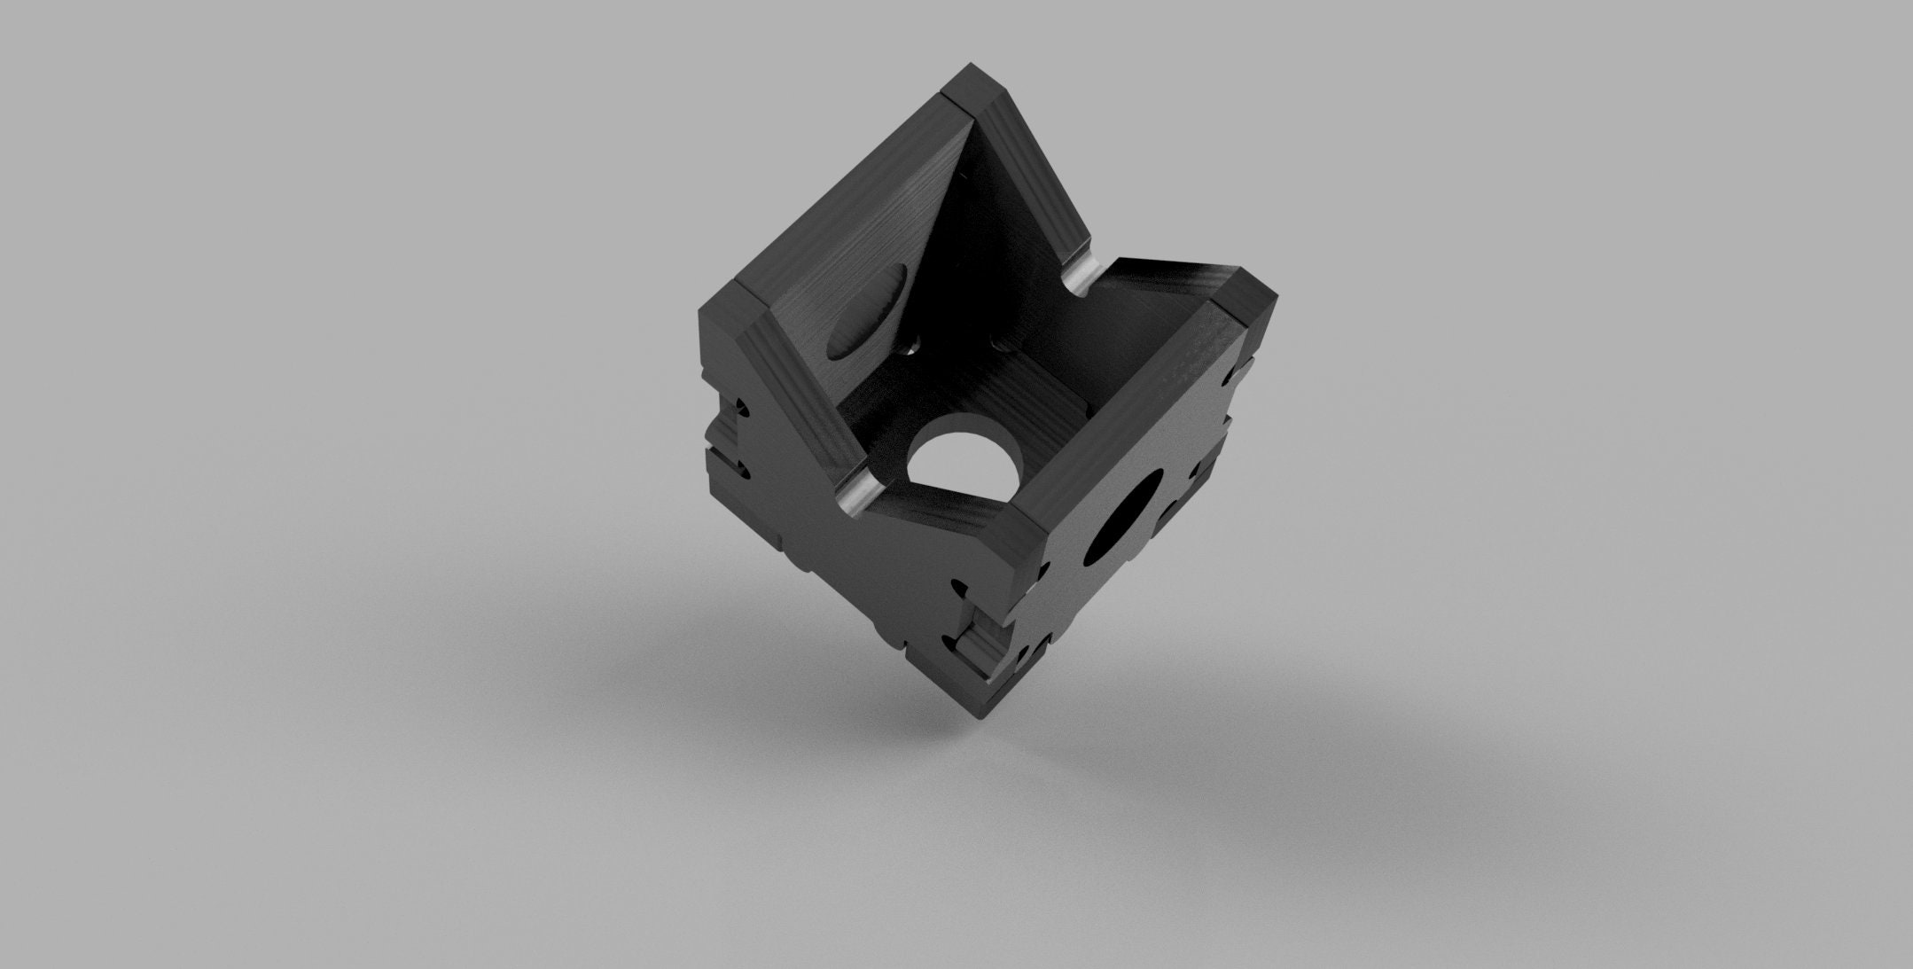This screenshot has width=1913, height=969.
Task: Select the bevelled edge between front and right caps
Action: pyautogui.click(x=1126, y=417)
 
